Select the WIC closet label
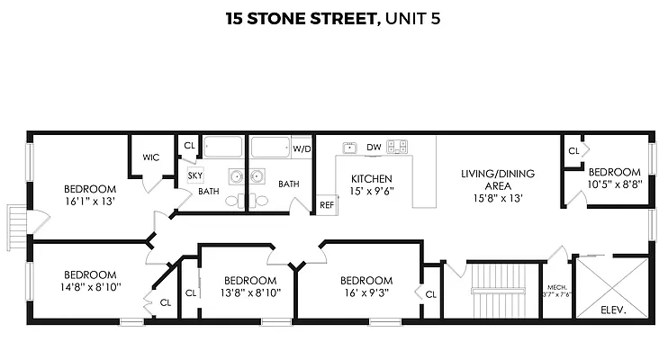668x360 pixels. (x=150, y=157)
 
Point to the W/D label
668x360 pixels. (x=302, y=148)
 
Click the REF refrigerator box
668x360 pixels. (x=327, y=205)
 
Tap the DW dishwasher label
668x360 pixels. (x=375, y=147)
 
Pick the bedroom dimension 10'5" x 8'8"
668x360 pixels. (x=614, y=184)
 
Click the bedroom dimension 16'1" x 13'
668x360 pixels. (x=90, y=202)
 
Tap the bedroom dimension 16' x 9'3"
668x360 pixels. (x=366, y=292)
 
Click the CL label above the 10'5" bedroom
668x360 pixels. (x=573, y=151)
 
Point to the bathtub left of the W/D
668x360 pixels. (x=269, y=148)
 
